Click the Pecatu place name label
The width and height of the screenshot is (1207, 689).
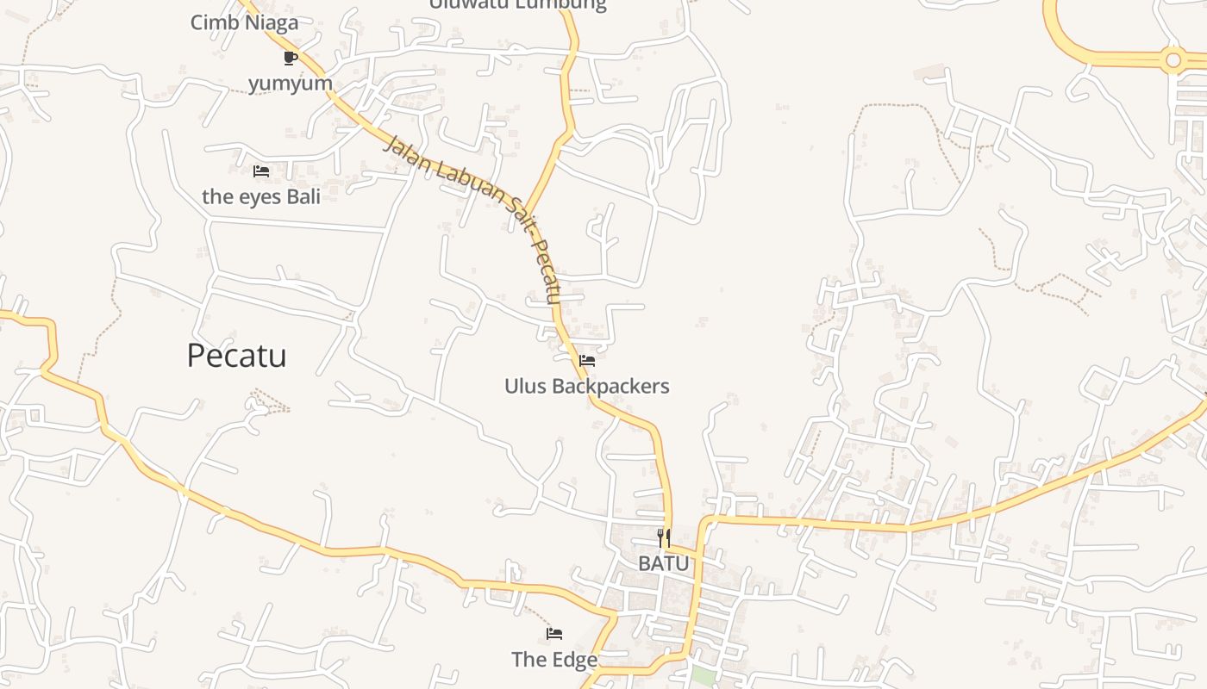click(x=236, y=356)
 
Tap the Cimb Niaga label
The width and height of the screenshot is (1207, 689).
click(x=244, y=22)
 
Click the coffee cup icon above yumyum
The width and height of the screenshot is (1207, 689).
click(x=290, y=58)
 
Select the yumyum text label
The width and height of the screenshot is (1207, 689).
click(x=291, y=84)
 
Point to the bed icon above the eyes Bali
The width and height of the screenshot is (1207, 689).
click(x=261, y=171)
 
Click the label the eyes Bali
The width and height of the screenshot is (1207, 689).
click(x=261, y=196)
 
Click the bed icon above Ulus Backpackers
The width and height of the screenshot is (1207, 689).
click(x=587, y=360)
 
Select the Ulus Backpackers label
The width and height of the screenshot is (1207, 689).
click(x=586, y=386)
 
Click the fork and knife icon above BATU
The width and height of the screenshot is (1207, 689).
click(x=664, y=538)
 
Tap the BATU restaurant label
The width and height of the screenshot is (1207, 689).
click(x=664, y=563)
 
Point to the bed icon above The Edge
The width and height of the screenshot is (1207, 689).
click(x=554, y=634)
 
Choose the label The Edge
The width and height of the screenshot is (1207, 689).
click(x=554, y=660)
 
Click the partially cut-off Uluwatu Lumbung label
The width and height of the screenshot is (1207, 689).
click(x=517, y=5)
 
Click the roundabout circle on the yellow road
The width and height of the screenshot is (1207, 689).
click(x=1172, y=60)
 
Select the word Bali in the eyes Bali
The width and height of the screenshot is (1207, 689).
click(x=303, y=196)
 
